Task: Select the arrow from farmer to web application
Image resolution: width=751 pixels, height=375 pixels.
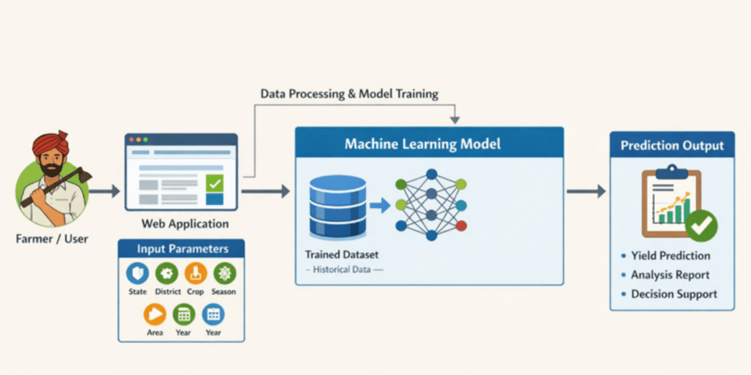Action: click(x=106, y=191)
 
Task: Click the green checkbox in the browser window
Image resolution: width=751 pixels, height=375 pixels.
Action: click(x=214, y=183)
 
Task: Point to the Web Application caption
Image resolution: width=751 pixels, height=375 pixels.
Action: click(x=185, y=224)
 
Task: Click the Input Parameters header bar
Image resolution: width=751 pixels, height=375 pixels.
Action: click(x=182, y=249)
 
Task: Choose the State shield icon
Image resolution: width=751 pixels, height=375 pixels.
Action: click(x=136, y=274)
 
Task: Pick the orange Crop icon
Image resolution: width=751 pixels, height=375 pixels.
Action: click(x=195, y=274)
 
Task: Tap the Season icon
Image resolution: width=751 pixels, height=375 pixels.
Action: click(x=224, y=274)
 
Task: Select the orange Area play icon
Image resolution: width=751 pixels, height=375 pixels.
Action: click(x=154, y=314)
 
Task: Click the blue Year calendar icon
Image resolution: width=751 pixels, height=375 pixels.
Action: click(x=213, y=314)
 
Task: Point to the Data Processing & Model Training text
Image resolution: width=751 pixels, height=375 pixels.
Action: click(x=349, y=94)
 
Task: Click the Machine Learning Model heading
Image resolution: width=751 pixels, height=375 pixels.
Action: click(x=422, y=144)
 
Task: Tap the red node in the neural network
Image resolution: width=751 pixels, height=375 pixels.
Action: click(x=460, y=226)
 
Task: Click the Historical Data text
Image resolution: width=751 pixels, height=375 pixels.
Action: click(x=343, y=270)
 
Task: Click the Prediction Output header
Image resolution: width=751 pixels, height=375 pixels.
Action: click(x=672, y=145)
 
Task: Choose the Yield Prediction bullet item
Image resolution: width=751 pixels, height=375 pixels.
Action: click(x=670, y=256)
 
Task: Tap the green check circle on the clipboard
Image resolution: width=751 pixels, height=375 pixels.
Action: click(x=701, y=226)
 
